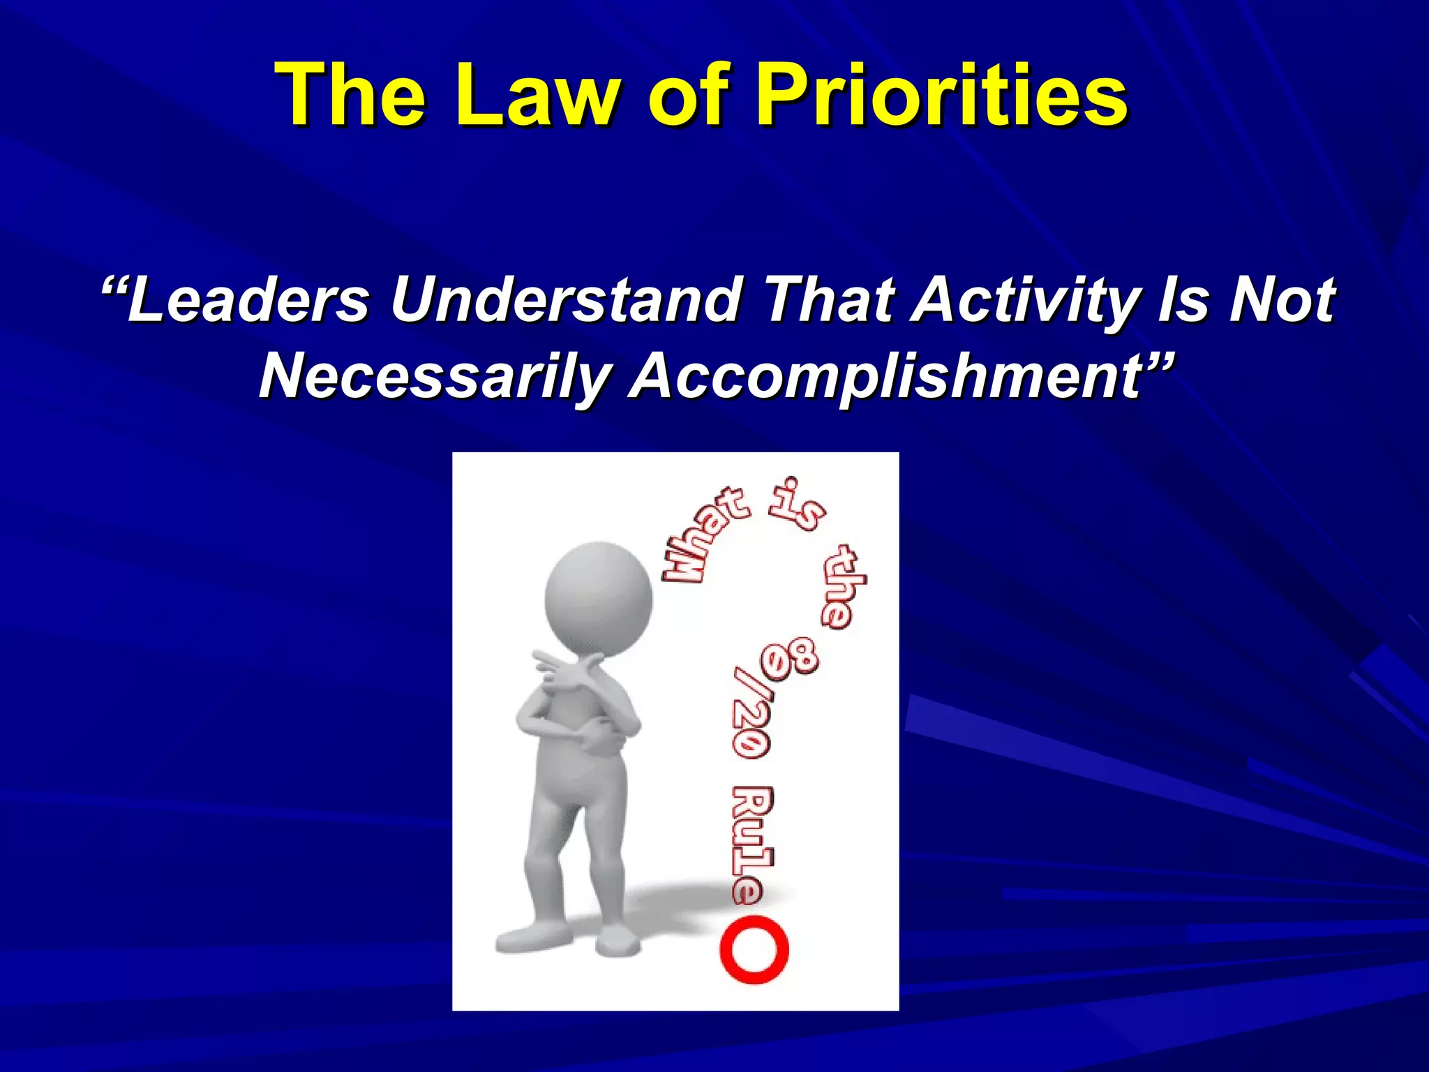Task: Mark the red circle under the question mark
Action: tap(754, 951)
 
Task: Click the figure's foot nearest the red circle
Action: tap(618, 942)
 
